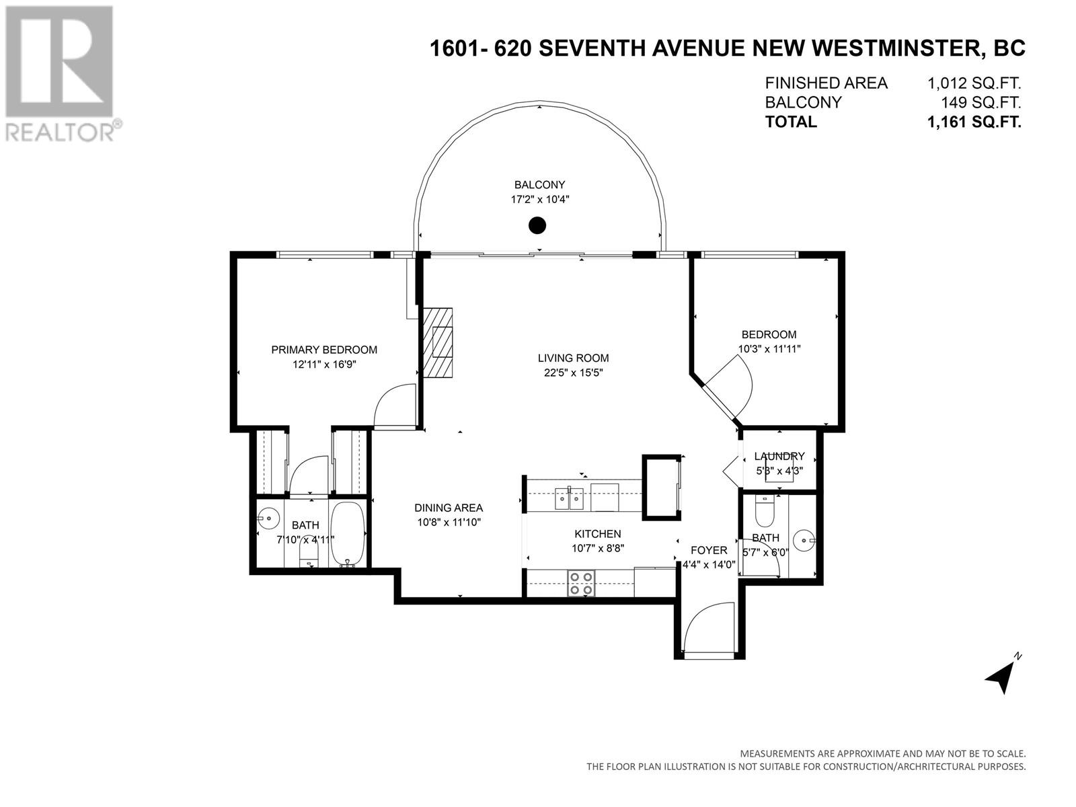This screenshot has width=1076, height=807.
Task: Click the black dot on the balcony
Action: [537, 225]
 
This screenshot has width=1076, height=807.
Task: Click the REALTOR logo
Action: [61, 73]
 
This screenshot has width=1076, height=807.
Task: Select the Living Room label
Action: [573, 358]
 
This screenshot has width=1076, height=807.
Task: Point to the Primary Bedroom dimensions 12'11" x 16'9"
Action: [324, 364]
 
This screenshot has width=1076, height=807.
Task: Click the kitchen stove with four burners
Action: [582, 584]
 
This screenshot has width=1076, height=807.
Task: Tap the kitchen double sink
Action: [569, 498]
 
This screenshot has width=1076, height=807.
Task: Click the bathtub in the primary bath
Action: [348, 533]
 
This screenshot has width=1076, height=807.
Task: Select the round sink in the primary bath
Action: [268, 518]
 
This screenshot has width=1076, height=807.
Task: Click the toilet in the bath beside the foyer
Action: [765, 510]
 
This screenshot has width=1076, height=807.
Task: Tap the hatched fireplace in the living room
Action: [438, 342]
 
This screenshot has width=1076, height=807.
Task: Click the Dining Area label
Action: [449, 508]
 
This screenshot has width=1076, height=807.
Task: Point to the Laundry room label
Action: [779, 456]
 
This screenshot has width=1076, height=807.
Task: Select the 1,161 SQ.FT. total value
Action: [974, 122]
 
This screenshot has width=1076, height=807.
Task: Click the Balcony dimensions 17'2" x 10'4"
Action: [539, 200]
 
